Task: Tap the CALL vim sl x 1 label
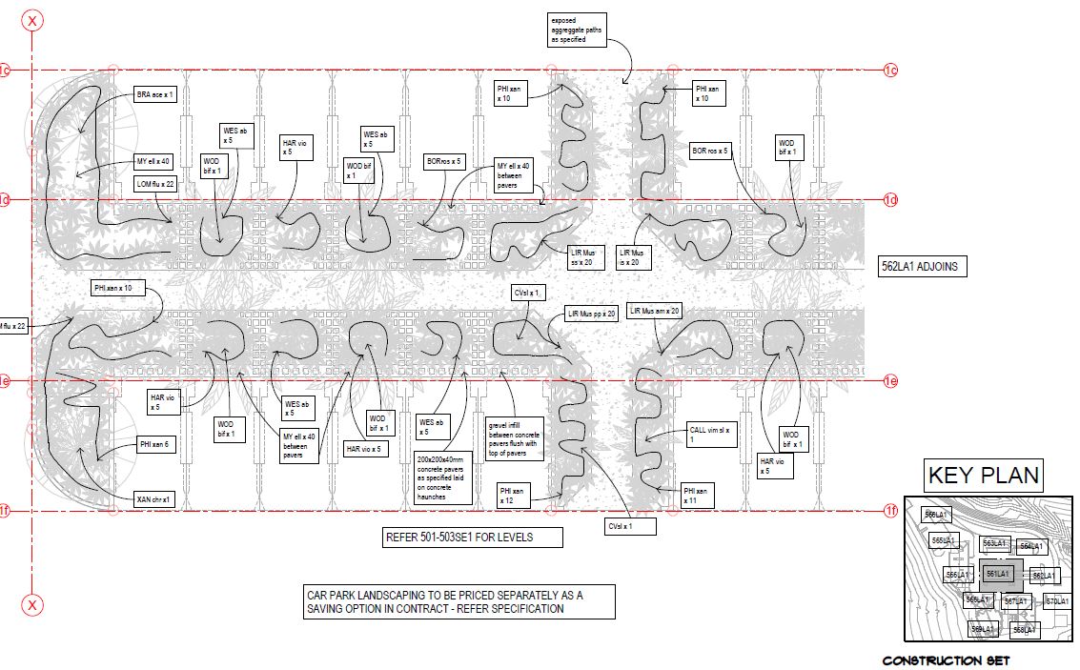[711, 434]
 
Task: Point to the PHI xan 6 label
[156, 444]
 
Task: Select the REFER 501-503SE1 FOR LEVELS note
[472, 538]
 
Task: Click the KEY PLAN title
[983, 475]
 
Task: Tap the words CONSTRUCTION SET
[945, 660]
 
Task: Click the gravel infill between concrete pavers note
[515, 437]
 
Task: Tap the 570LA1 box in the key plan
[1056, 601]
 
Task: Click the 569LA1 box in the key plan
[982, 629]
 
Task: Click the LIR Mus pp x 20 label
[592, 313]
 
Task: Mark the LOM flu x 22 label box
[155, 183]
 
